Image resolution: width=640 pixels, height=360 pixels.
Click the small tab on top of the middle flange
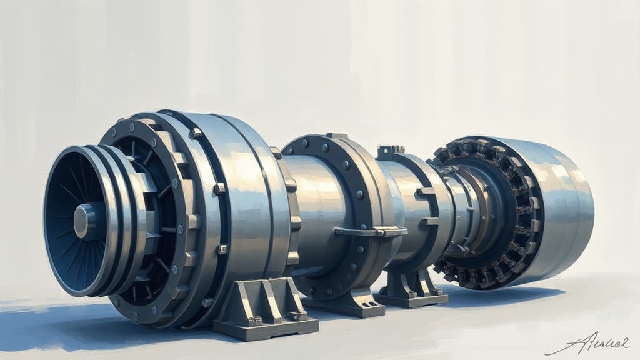(337, 136)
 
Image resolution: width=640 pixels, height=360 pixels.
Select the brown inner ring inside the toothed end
(478, 206)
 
